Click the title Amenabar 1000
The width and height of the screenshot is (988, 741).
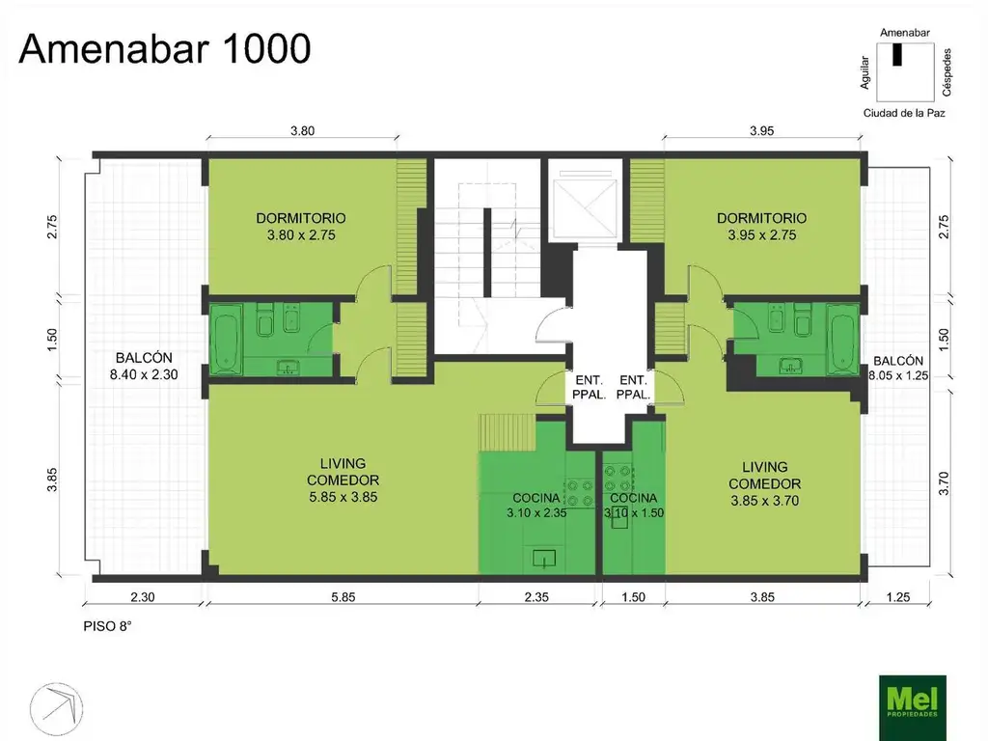pos(165,48)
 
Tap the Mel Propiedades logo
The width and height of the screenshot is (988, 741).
pos(913,707)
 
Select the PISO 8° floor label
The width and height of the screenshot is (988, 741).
pos(108,626)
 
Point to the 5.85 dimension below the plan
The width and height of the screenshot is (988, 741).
pos(343,596)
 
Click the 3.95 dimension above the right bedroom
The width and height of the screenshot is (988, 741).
pos(762,131)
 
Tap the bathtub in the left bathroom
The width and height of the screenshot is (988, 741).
pos(226,339)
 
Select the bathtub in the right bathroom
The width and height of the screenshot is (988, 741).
pos(842,339)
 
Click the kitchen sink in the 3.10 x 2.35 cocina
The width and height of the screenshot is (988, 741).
pos(544,559)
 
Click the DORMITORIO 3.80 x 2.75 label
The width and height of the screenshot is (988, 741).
pos(301,227)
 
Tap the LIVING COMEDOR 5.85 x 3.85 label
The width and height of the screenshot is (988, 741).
pos(343,480)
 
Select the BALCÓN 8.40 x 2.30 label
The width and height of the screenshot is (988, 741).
pos(145,366)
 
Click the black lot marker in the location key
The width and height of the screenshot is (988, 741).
pos(897,55)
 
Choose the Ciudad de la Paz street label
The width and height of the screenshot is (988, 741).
pos(904,114)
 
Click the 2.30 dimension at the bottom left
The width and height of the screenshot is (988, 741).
pos(143,596)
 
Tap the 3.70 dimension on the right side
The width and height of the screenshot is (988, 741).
pos(944,483)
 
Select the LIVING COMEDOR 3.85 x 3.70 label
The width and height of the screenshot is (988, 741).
pos(765,484)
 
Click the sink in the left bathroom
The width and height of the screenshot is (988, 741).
pos(288,367)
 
